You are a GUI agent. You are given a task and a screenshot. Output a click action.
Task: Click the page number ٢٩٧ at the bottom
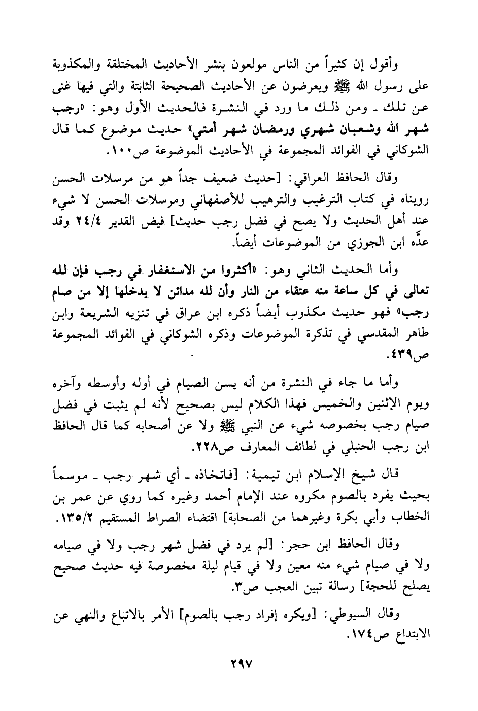[238, 665]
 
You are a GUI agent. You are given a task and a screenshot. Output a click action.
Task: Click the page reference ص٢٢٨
[180, 448]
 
